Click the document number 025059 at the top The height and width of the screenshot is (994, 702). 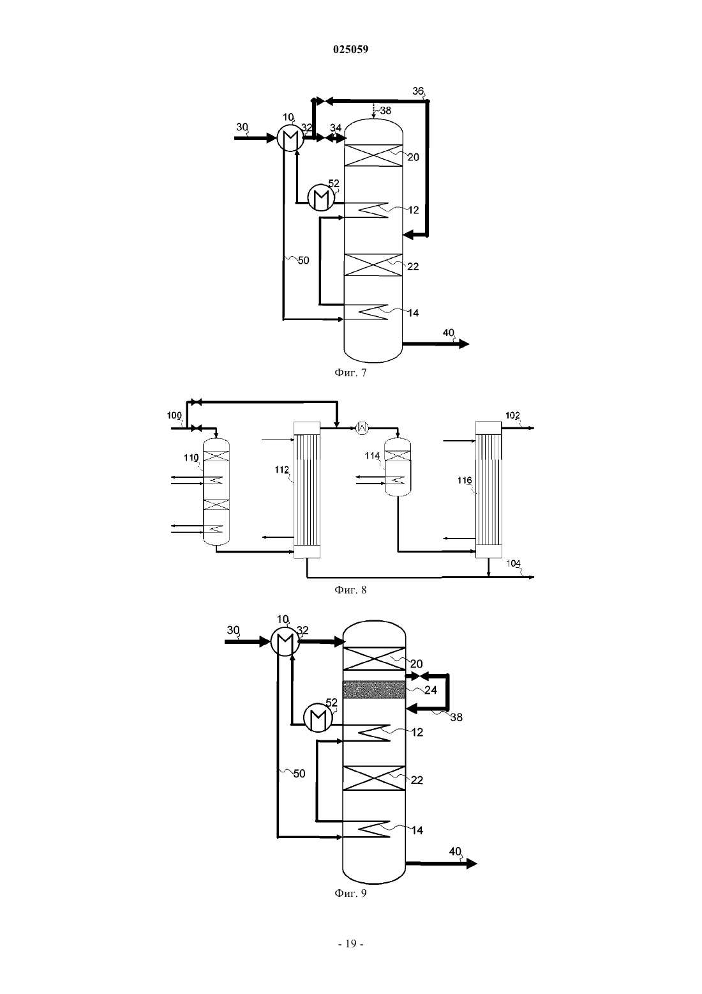click(350, 49)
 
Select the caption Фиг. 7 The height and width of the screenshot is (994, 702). click(350, 373)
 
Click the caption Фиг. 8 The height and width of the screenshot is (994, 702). click(350, 590)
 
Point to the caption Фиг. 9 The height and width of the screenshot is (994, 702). click(350, 893)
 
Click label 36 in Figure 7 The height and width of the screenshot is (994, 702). click(418, 91)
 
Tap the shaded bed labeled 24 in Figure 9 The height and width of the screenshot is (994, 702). click(375, 690)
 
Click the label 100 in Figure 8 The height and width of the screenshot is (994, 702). click(174, 416)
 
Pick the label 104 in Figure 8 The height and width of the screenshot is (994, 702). click(513, 563)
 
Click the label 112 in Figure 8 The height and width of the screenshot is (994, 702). click(282, 470)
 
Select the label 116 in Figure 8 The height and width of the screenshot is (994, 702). click(465, 480)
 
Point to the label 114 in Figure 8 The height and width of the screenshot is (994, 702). click(372, 455)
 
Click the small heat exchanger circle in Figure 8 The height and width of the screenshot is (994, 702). click(362, 428)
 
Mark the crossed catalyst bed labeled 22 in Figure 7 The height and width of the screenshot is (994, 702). click(373, 265)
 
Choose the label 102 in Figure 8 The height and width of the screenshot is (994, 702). click(512, 415)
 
